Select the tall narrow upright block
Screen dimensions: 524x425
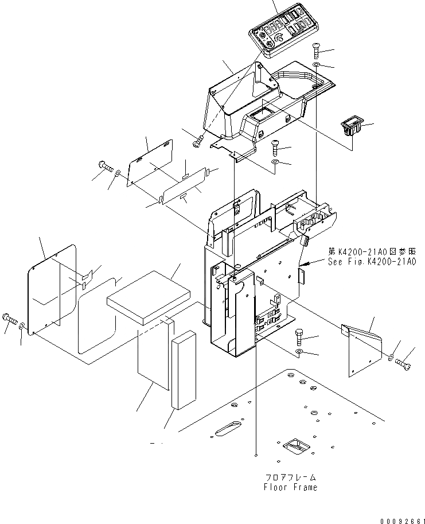[184, 369]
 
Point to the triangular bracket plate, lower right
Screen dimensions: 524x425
[363, 350]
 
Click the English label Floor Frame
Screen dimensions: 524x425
[290, 487]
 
